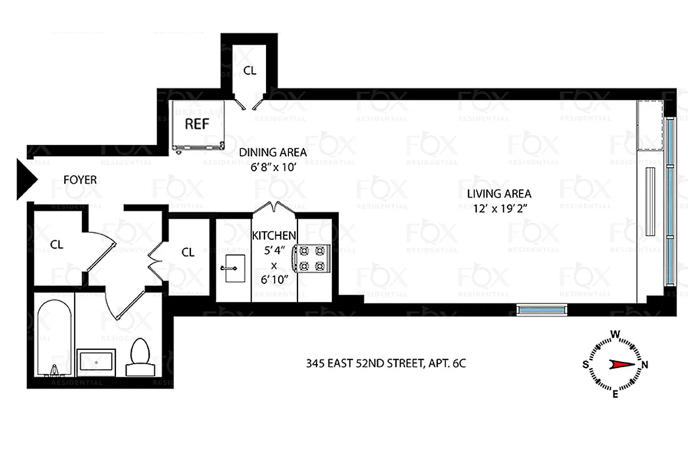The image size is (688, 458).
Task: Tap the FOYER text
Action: pyautogui.click(x=80, y=180)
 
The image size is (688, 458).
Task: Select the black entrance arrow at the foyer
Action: pyautogui.click(x=26, y=180)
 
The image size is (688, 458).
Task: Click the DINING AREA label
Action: pyautogui.click(x=273, y=153)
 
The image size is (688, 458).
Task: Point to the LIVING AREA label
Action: pyautogui.click(x=499, y=194)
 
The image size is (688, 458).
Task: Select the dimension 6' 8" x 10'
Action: pyautogui.click(x=273, y=168)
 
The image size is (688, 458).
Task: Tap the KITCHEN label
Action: pyautogui.click(x=275, y=235)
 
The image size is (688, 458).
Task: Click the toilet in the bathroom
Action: pyautogui.click(x=140, y=357)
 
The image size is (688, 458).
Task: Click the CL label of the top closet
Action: pyautogui.click(x=249, y=71)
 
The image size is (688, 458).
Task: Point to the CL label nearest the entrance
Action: pyautogui.click(x=56, y=244)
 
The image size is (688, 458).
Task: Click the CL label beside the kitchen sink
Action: pyautogui.click(x=188, y=252)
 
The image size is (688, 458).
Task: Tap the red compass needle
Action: pyautogui.click(x=622, y=364)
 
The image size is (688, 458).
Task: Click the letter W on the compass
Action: pyautogui.click(x=615, y=334)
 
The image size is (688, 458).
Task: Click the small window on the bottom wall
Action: pyautogui.click(x=541, y=310)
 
